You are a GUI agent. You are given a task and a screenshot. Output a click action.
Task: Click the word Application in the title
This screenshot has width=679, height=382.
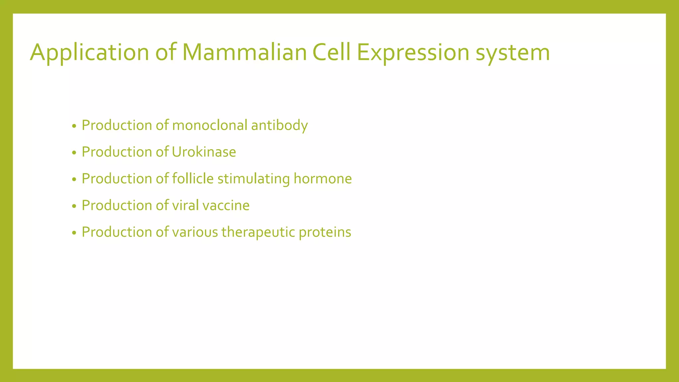click(90, 53)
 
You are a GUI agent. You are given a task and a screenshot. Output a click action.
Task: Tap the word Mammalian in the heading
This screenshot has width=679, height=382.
click(244, 52)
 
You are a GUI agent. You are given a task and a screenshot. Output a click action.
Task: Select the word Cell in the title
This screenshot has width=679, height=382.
click(332, 52)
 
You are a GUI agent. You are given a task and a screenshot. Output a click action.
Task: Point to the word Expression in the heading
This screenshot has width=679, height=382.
click(413, 53)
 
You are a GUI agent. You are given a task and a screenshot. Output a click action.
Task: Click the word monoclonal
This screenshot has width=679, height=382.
click(210, 125)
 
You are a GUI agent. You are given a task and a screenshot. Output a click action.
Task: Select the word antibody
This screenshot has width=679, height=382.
click(279, 126)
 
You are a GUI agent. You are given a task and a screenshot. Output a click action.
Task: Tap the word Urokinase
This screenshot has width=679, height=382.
click(204, 152)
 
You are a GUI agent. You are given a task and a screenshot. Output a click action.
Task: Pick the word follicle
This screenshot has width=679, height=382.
click(193, 179)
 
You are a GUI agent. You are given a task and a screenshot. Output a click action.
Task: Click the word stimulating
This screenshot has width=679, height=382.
click(254, 179)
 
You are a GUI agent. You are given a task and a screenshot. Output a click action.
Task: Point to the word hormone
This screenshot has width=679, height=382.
click(323, 179)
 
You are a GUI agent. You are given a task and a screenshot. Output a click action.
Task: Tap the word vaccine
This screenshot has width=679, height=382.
click(226, 205)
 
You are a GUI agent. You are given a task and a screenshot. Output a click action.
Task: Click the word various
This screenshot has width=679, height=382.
click(195, 232)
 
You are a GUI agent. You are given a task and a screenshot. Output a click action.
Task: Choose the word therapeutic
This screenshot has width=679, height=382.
click(258, 232)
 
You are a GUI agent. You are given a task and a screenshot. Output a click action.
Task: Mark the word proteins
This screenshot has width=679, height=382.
click(325, 232)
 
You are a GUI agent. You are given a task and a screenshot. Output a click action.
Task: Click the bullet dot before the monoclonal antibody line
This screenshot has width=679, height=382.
click(74, 126)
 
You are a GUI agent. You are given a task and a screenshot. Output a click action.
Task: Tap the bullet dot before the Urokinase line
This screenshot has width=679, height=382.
click(74, 153)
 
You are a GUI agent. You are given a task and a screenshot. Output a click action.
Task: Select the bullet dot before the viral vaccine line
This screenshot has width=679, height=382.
click(74, 206)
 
